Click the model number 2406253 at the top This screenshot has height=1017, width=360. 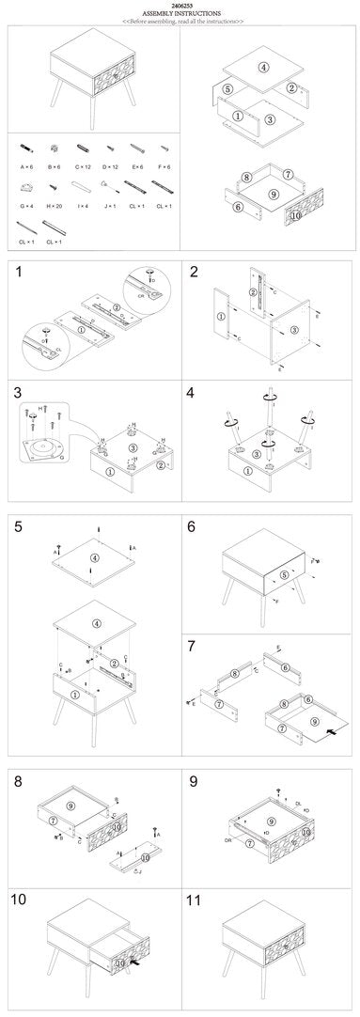click(x=180, y=5)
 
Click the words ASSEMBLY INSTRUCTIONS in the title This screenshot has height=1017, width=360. click(x=180, y=12)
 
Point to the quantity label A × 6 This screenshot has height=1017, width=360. click(x=26, y=165)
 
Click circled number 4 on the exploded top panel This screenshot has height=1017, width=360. click(x=264, y=67)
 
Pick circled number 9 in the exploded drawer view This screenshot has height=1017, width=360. click(x=272, y=194)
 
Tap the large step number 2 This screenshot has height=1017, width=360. click(x=194, y=274)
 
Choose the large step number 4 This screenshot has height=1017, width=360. click(x=194, y=392)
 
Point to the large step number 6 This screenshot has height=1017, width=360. click(x=192, y=526)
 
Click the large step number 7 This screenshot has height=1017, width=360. click(x=192, y=646)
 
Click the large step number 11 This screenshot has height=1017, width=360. click(x=196, y=900)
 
